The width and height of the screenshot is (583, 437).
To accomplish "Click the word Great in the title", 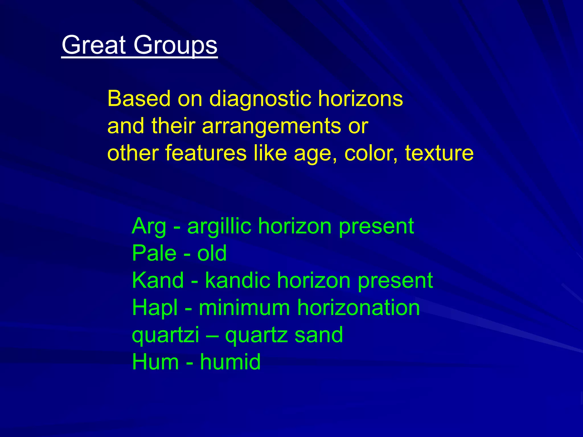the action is click(x=94, y=45).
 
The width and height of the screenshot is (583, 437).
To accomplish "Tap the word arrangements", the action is click(x=271, y=126).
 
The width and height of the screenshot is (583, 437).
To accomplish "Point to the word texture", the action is click(x=439, y=153).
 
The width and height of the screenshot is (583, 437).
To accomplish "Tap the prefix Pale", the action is click(x=154, y=253).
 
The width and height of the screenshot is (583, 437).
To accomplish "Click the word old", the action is click(x=212, y=253).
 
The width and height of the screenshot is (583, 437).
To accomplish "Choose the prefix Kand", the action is click(x=158, y=280).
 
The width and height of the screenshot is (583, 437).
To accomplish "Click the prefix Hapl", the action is click(x=155, y=308).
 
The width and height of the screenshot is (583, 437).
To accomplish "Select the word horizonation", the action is click(x=358, y=308).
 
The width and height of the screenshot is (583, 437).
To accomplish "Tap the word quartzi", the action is click(x=165, y=335).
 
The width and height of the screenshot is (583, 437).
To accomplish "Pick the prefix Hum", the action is click(x=155, y=362).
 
